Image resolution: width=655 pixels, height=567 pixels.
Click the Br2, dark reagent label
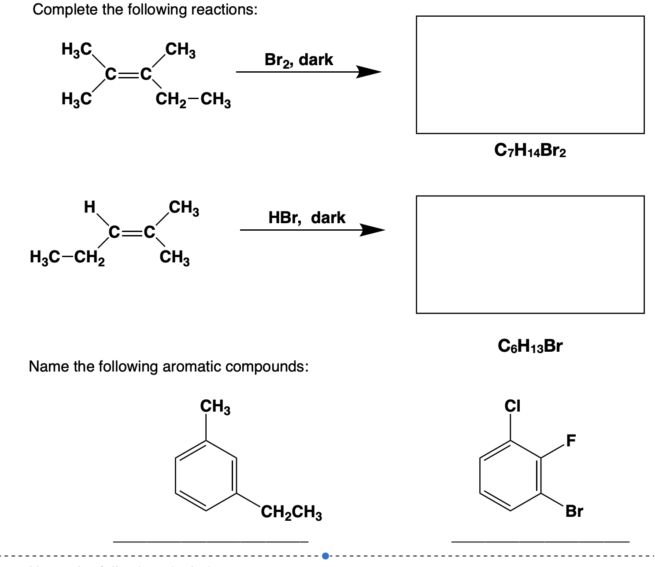[x=299, y=60]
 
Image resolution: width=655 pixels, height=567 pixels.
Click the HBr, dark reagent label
[x=307, y=218]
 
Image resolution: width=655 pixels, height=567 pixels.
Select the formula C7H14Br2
[x=530, y=151]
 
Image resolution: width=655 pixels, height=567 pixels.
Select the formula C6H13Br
[x=530, y=346]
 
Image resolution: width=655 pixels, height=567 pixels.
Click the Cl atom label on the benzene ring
[x=512, y=405]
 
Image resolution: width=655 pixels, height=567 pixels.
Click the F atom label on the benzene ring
[x=571, y=440]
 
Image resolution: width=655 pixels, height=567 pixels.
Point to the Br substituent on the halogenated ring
[x=574, y=511]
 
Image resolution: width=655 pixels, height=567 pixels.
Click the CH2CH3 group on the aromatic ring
[x=291, y=512]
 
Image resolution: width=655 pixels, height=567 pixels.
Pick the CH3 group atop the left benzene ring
[x=215, y=406]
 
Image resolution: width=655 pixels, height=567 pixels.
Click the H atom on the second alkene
[x=89, y=206]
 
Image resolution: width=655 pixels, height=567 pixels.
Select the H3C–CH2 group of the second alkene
[x=67, y=257]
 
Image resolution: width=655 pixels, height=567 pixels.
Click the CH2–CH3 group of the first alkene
[x=193, y=100]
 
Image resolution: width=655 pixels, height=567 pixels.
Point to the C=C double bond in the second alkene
[x=132, y=232]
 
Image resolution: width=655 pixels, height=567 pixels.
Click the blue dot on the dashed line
[x=326, y=556]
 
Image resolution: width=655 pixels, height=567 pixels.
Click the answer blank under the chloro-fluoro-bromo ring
[x=540, y=541]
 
